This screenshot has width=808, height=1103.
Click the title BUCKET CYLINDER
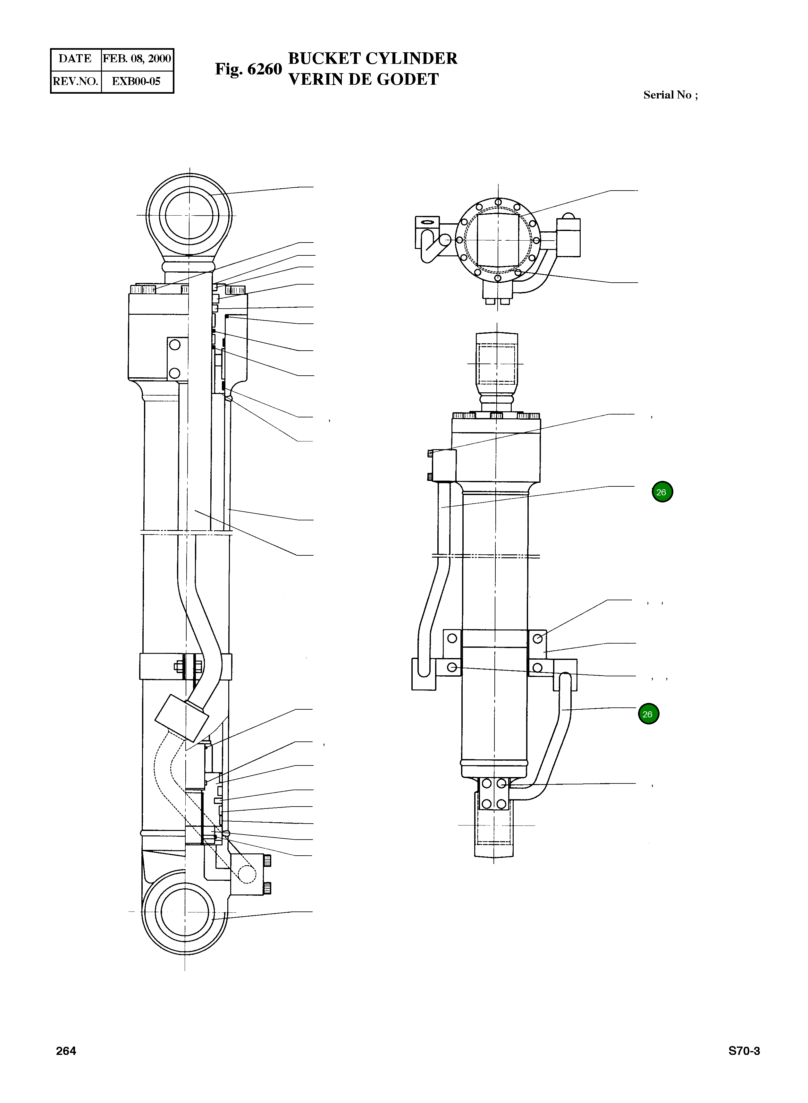[373, 58]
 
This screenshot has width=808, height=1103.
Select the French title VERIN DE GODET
[363, 79]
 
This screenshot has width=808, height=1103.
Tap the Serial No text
[670, 95]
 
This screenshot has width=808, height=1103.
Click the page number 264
[66, 1051]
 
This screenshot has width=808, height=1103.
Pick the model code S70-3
[744, 1051]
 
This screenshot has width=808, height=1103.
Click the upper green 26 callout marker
[662, 492]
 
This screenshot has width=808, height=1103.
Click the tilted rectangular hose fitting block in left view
[181, 717]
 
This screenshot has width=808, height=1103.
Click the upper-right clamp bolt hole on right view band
[537, 638]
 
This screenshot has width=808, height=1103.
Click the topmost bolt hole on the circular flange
[498, 202]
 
